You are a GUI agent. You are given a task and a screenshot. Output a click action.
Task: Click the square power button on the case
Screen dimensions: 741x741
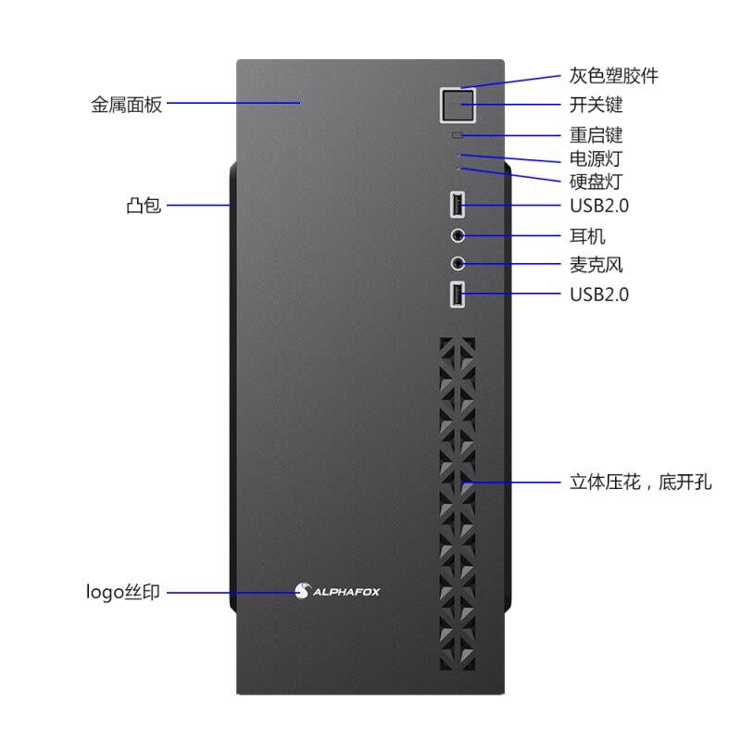pyautogui.click(x=456, y=107)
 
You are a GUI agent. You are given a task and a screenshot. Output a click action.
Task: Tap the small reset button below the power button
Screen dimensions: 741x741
pyautogui.click(x=457, y=135)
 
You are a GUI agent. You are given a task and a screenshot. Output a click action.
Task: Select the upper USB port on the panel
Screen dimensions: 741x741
pyautogui.click(x=457, y=205)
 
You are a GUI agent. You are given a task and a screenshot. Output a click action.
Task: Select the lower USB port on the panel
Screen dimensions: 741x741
pyautogui.click(x=457, y=295)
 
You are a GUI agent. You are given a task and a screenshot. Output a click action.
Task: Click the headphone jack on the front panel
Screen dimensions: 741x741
pyautogui.click(x=457, y=235)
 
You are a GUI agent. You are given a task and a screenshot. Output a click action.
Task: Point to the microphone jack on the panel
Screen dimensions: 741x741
pyautogui.click(x=457, y=264)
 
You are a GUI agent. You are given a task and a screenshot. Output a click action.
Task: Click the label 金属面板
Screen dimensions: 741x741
pyautogui.click(x=127, y=105)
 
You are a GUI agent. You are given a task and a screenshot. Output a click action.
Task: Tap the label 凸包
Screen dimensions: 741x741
pyautogui.click(x=144, y=205)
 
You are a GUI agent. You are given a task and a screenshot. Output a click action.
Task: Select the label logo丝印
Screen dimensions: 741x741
pyautogui.click(x=123, y=591)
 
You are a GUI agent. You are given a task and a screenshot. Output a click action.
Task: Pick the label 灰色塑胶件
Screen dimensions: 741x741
pyautogui.click(x=614, y=76)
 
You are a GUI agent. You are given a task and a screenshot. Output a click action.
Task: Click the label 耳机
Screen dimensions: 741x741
pyautogui.click(x=587, y=236)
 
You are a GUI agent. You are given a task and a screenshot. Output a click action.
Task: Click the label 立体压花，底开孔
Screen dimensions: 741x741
pyautogui.click(x=640, y=482)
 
